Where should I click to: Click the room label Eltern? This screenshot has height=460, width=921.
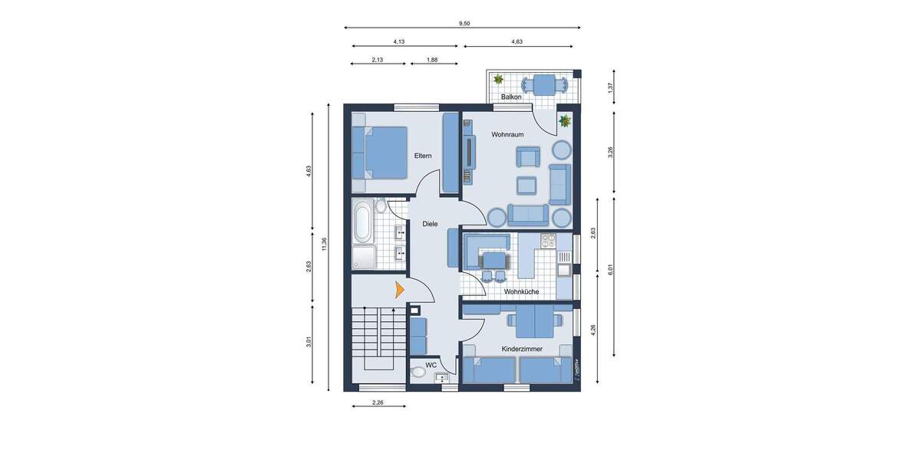coord(423,156)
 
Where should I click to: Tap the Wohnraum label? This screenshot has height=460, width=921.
coord(507,135)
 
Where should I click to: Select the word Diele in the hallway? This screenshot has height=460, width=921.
coord(430,224)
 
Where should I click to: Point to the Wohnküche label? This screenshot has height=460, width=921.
coord(521,292)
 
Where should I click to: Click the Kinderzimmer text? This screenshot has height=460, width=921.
coord(522,349)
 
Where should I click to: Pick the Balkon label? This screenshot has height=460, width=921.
coord(511,97)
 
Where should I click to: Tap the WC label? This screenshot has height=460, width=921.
coord(431,365)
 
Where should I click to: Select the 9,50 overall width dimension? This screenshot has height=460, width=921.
coord(464,24)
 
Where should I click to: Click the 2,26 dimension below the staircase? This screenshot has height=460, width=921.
coord(378,402)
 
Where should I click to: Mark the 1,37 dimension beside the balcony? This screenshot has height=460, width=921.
coord(611,87)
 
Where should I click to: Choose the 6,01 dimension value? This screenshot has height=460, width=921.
coord(611,269)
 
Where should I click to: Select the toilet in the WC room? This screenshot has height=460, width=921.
coord(418,373)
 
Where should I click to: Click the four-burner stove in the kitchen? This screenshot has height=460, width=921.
coord(547,240)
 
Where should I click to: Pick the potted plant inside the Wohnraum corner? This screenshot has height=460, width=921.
coord(565,120)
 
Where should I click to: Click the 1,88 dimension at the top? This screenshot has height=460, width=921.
coord(432,60)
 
